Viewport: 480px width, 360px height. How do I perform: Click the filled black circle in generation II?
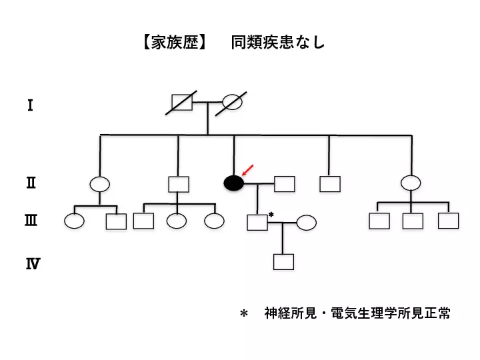(x=233, y=183)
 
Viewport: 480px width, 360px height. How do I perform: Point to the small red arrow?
(x=247, y=171)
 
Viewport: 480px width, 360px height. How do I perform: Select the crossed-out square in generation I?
(x=182, y=102)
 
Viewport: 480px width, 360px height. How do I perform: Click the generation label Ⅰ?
(x=30, y=105)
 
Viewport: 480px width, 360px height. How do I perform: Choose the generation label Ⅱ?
(x=31, y=182)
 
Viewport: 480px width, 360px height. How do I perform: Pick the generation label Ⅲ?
(x=31, y=221)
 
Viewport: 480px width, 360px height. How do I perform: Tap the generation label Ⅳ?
(x=32, y=264)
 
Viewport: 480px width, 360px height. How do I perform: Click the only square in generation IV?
(x=283, y=261)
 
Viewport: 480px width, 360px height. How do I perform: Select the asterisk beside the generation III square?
(x=271, y=214)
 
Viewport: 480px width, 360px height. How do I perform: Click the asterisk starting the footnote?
(x=243, y=313)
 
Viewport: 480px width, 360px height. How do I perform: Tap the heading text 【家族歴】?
(x=174, y=43)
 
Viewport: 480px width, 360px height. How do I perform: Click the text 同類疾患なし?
(x=278, y=43)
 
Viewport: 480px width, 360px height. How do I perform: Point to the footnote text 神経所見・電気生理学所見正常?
(x=357, y=313)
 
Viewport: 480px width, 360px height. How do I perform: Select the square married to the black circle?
(x=285, y=183)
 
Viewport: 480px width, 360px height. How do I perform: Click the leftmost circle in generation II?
(x=100, y=184)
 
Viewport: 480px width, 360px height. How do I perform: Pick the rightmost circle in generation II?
(x=411, y=183)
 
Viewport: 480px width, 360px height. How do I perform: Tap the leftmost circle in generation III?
(x=75, y=221)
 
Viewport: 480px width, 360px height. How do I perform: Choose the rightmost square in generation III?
(x=448, y=220)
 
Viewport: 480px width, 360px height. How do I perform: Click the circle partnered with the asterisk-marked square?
(x=306, y=222)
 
